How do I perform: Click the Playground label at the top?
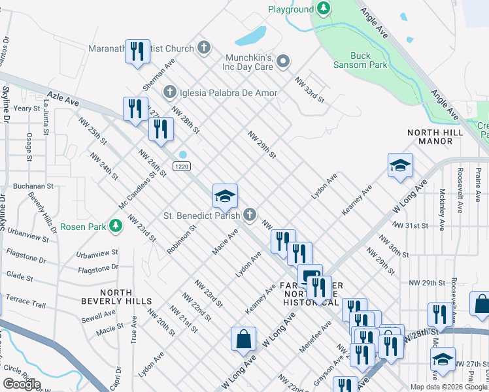[x=291, y=9]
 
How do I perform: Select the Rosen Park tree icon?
[x=116, y=226]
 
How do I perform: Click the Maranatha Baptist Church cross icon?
[x=204, y=48]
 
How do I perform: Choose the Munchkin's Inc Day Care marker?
[x=283, y=62]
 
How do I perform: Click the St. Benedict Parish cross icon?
[x=250, y=214]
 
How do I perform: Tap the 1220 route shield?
[x=182, y=167]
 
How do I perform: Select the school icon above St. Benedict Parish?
[x=224, y=195]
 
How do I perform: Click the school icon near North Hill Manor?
[x=400, y=165]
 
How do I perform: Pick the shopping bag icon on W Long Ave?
[x=243, y=338]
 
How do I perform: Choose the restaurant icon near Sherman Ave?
[x=137, y=52]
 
